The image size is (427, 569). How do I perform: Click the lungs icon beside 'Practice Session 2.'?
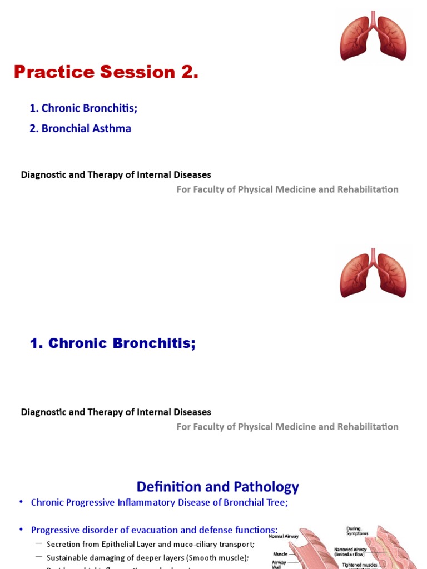[x=373, y=38]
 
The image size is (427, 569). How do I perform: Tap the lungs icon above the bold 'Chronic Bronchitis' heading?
[x=373, y=274]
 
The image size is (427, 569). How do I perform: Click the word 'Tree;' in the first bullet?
[x=277, y=502]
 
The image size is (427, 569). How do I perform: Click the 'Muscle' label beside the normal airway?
[x=280, y=554]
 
